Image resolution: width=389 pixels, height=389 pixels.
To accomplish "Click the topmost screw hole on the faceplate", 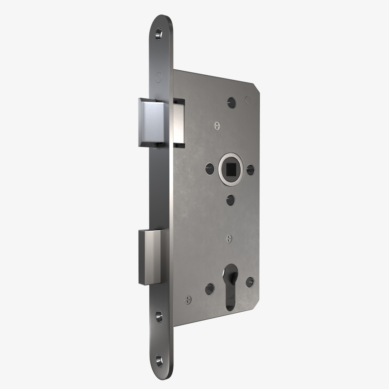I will pos(159,34).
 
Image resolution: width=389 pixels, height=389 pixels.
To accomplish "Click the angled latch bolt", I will pos(152,122).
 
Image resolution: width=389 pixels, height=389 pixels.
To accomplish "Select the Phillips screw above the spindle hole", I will pos(217,125).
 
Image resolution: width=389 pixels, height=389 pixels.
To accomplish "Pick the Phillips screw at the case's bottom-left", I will pos(188,300).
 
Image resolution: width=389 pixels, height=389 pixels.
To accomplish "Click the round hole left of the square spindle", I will pos(210,168).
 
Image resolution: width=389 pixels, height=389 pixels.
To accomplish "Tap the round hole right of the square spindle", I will pos(251,170).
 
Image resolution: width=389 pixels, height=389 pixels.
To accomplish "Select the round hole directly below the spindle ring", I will pos(230,200).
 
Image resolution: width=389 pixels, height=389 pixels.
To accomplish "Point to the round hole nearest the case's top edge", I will pos(232,102).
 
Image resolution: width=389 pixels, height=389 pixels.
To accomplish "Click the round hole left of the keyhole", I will pos(210,288).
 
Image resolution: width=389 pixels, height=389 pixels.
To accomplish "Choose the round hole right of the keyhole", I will pos(250,282).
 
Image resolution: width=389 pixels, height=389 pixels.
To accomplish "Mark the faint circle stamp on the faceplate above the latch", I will pos(158,76).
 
